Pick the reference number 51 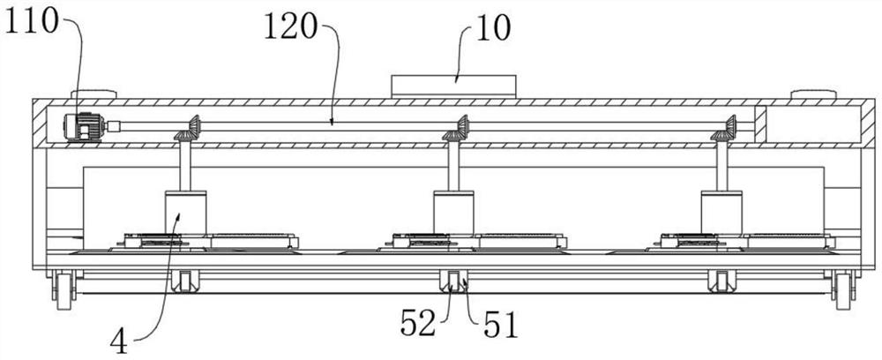(x=500, y=327)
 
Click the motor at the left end (x=84, y=128)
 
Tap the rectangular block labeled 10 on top (x=452, y=86)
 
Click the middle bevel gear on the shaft (x=455, y=131)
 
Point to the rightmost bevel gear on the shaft (x=724, y=131)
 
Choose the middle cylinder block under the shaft (x=453, y=214)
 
